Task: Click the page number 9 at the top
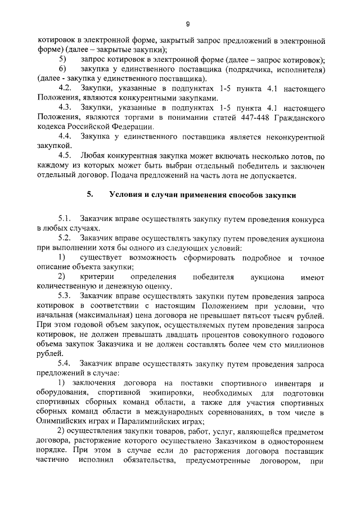[187, 24]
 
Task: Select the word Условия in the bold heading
[124, 195]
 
